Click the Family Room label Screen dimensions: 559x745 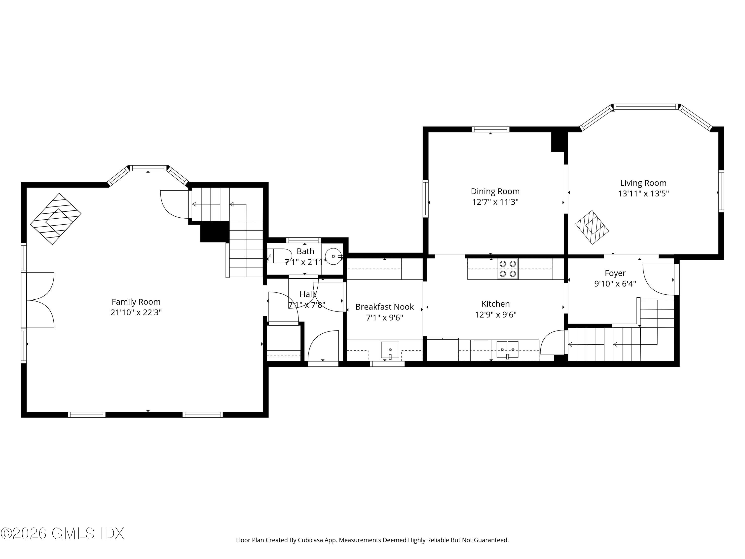(x=136, y=302)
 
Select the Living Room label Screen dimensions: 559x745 (x=643, y=183)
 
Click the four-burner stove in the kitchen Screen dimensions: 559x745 (x=508, y=269)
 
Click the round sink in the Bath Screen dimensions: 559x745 (x=333, y=256)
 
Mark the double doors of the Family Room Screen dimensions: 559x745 (x=40, y=300)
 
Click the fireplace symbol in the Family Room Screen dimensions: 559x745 (x=56, y=219)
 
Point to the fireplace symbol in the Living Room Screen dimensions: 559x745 (x=592, y=227)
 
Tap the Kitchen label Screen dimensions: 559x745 (x=495, y=304)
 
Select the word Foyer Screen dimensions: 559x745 (x=615, y=273)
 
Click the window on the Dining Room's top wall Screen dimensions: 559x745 (x=490, y=129)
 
